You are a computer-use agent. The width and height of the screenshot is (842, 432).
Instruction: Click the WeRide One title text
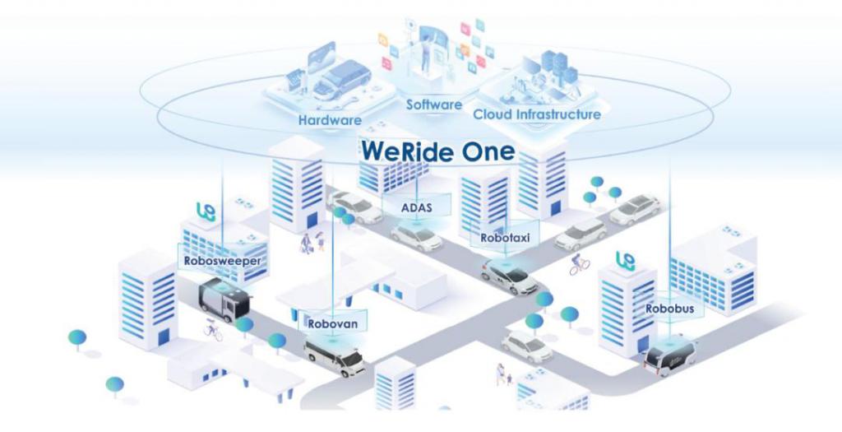click(x=437, y=151)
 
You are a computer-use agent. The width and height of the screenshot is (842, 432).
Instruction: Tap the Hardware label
click(x=330, y=120)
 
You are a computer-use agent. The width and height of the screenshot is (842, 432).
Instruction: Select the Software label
click(x=433, y=105)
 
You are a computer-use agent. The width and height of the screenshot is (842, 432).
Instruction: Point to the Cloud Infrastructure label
click(x=537, y=114)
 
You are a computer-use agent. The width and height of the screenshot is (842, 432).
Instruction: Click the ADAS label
click(x=415, y=207)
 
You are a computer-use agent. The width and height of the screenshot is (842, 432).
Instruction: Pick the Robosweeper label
click(x=223, y=261)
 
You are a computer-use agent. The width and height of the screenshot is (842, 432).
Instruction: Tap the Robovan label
click(x=332, y=323)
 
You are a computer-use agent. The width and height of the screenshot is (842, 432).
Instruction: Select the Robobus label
click(x=669, y=309)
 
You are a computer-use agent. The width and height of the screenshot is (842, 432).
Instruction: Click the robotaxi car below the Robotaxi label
click(x=510, y=275)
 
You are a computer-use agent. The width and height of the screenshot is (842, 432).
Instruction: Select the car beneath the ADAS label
click(x=416, y=237)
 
